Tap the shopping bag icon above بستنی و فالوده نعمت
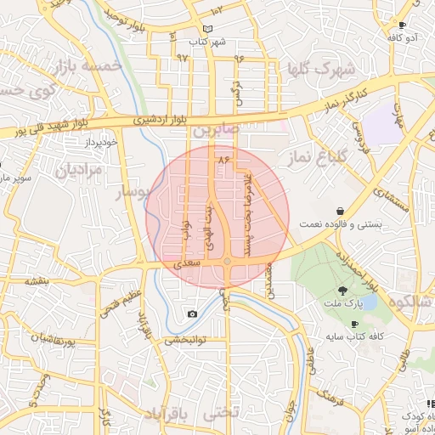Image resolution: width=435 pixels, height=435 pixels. pos(341,209)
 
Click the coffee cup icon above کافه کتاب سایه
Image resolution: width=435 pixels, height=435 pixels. pos(354,324)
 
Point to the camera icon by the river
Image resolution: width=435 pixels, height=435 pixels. pos(193,314)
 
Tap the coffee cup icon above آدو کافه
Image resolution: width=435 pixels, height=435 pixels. pos(403,25)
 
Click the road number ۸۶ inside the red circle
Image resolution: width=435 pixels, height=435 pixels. pos(224,159)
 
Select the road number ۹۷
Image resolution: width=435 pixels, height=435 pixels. pos(182,58)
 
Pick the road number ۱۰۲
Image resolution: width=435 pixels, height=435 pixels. pos(217,10)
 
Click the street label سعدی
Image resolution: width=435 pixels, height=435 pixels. pos(189,265)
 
